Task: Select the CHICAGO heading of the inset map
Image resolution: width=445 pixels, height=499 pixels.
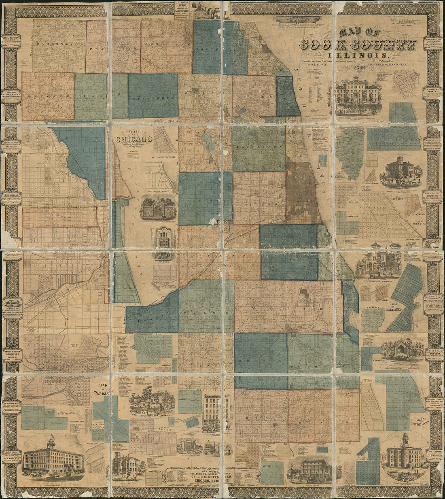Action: tap(135, 139)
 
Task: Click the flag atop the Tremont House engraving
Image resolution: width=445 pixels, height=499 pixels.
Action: tap(51, 438)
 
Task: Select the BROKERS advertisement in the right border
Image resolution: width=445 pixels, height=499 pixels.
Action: tap(432, 98)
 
